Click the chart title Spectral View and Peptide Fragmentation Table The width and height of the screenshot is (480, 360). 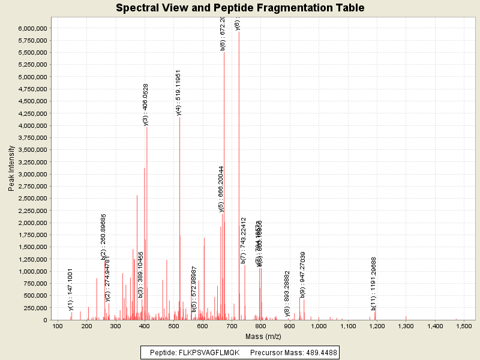click(x=240, y=8)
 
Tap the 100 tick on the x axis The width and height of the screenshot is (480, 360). click(x=58, y=326)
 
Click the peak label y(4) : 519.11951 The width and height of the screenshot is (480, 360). click(x=179, y=92)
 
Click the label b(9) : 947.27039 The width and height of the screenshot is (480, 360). click(x=303, y=274)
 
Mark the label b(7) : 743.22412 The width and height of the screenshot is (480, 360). click(x=244, y=241)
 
